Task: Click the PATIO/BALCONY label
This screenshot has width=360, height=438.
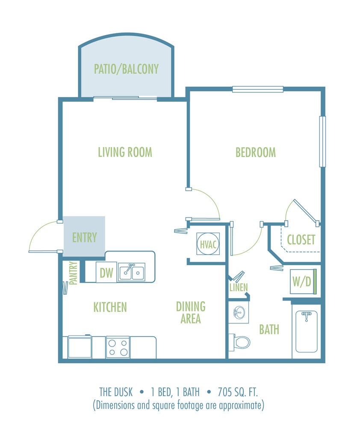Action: point(126,68)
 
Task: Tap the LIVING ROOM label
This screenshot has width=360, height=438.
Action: point(125,152)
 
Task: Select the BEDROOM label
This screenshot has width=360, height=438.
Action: point(256,152)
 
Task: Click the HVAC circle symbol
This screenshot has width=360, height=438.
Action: point(208,244)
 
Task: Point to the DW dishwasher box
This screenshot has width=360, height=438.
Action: point(106,272)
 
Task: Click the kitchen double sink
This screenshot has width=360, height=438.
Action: point(132,272)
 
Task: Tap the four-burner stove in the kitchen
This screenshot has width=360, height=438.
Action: point(118,347)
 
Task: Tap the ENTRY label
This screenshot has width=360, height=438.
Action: point(84,237)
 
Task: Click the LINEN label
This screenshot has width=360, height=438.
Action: point(238,287)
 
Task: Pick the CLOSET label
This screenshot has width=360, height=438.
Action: point(301,240)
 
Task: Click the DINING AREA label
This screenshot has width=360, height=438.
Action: point(191,312)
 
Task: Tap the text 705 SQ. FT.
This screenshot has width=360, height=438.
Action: point(244,391)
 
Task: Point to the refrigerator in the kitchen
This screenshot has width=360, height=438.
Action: point(80,347)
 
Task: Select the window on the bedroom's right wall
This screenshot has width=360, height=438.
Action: point(322,141)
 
